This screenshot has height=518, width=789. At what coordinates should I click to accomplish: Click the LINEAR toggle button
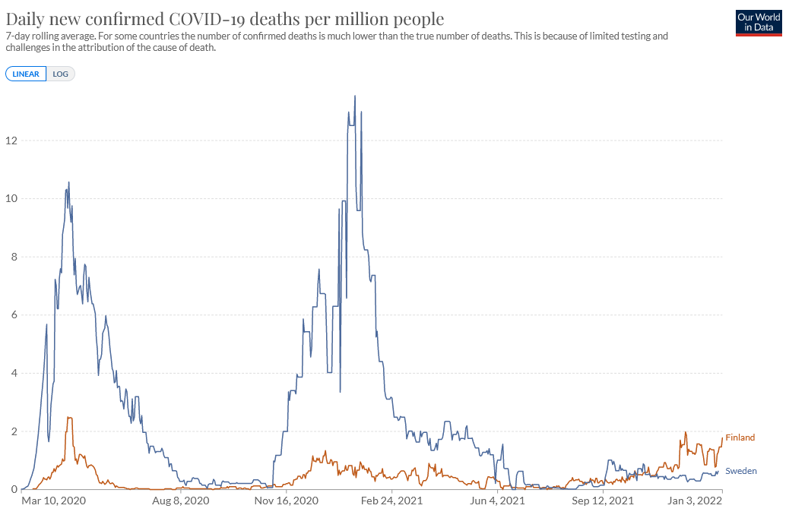click(26, 74)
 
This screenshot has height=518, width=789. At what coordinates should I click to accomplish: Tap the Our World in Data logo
click(759, 23)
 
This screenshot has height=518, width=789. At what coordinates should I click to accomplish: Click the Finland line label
click(740, 437)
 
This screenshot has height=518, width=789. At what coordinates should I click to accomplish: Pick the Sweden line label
click(741, 471)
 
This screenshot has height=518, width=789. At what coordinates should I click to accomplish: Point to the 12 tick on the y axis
click(11, 141)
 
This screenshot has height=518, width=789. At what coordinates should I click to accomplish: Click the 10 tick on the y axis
click(11, 199)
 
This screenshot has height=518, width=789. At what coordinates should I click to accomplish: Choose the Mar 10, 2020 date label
click(53, 501)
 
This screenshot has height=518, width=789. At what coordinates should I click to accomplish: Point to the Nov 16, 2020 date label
click(286, 501)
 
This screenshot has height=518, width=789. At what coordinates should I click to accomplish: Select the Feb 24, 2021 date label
click(391, 501)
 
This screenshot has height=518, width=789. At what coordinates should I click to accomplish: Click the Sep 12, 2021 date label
click(603, 501)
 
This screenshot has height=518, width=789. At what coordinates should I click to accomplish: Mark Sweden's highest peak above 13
click(355, 96)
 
